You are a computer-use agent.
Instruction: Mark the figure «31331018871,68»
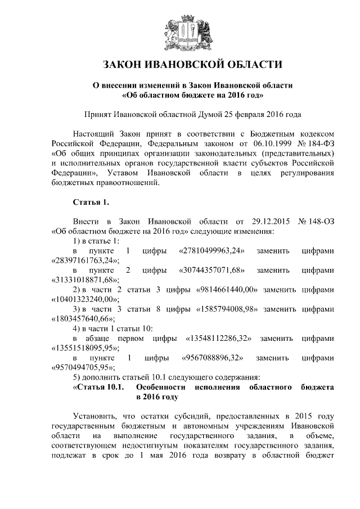click(x=84, y=280)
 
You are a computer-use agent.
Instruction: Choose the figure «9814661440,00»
click(x=231, y=290)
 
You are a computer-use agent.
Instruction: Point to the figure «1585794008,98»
click(x=231, y=309)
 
